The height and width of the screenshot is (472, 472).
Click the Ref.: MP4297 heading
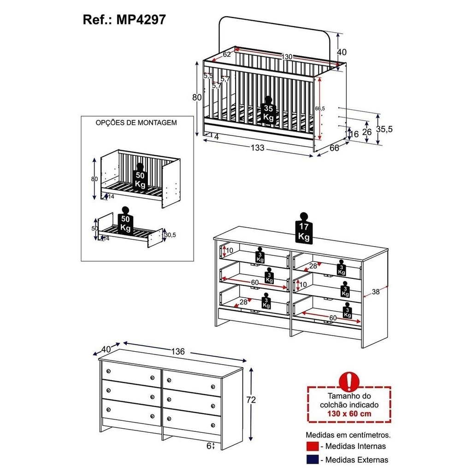124,20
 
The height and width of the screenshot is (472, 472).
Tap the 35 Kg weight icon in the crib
268,110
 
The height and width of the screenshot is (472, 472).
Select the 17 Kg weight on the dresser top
304,228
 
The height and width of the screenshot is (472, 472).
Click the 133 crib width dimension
258,148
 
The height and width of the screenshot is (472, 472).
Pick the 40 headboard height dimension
342,52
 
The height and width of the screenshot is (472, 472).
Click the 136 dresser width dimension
178,351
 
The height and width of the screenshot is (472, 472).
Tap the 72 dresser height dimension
251,400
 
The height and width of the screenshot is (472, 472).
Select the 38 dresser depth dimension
376,291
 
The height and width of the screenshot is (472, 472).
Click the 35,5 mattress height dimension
384,129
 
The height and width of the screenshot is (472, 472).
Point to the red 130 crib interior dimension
287,57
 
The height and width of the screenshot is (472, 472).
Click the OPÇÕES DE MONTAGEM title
136,123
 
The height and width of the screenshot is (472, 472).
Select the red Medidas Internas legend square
313,446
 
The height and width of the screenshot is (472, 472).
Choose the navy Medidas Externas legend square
313,460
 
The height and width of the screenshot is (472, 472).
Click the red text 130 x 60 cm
349,413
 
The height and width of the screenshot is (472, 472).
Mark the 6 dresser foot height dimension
209,446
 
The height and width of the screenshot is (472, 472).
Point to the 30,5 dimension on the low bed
170,235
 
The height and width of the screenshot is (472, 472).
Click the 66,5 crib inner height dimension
320,108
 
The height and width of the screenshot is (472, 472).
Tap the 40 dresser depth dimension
106,349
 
